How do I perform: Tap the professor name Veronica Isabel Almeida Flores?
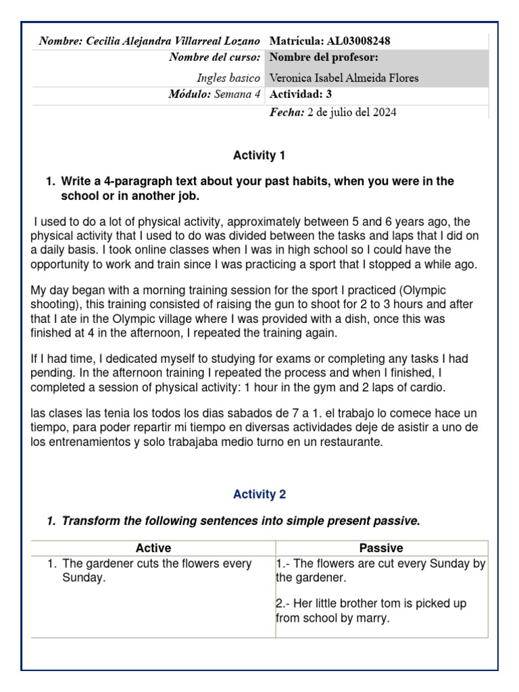click(x=343, y=78)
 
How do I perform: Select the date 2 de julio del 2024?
click(x=351, y=112)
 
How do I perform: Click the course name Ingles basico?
click(x=228, y=78)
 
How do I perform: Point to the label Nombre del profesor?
click(x=323, y=57)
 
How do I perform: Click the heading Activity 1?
click(x=259, y=156)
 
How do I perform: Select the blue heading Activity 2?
click(x=259, y=495)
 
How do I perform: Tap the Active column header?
click(x=153, y=548)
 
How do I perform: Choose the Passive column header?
click(x=381, y=548)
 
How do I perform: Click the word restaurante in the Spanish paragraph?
click(x=353, y=443)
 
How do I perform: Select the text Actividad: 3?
click(x=301, y=94)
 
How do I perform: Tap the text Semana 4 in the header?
click(x=237, y=95)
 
